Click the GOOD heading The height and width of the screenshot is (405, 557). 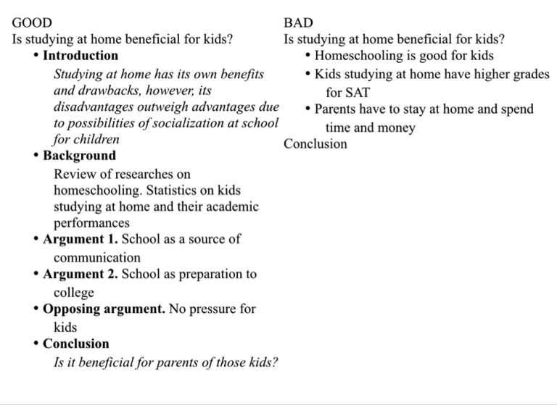(32, 23)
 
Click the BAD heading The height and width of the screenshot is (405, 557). (298, 23)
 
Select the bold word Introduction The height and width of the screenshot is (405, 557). (80, 55)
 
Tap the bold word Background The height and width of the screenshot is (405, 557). (79, 155)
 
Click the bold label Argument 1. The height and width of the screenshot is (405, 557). (81, 239)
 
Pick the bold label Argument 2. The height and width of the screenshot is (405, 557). (81, 275)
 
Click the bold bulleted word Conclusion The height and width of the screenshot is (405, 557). (75, 343)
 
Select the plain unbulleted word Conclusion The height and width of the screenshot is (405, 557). (315, 143)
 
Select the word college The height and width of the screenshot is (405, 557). (74, 293)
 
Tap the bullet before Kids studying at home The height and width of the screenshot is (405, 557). (308, 75)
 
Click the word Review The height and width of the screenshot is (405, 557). (73, 174)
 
